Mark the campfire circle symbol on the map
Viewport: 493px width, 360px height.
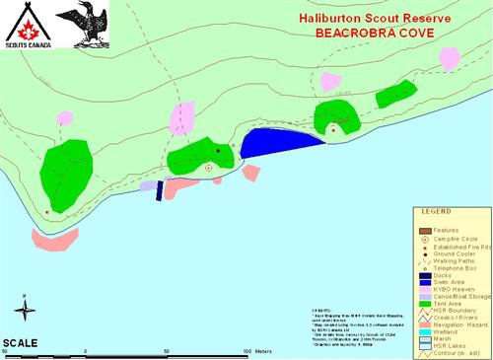click(209, 169)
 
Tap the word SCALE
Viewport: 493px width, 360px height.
click(21, 342)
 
